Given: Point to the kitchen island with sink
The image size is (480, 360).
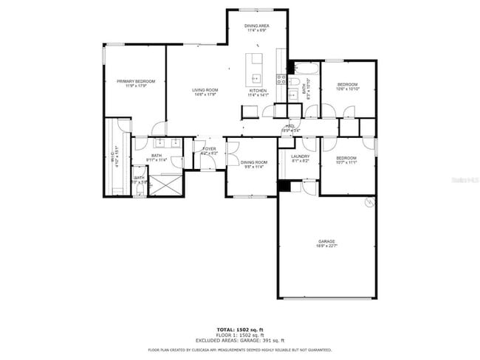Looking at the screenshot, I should click(x=256, y=69).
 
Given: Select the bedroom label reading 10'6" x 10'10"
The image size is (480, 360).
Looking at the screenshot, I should click(x=347, y=86).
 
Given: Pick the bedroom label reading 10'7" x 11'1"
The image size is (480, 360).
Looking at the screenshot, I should click(x=346, y=160).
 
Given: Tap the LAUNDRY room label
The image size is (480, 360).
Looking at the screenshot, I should click(x=300, y=158).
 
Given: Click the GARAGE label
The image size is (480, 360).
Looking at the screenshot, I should click(x=326, y=243).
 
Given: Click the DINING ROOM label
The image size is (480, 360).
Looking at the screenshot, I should click(x=253, y=164).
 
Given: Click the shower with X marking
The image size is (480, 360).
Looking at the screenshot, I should click(x=165, y=184).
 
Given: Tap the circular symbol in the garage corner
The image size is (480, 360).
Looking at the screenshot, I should click(x=369, y=201).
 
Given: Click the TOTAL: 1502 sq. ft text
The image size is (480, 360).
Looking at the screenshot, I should click(x=240, y=329).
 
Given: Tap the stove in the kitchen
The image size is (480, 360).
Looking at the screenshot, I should click(x=281, y=79).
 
